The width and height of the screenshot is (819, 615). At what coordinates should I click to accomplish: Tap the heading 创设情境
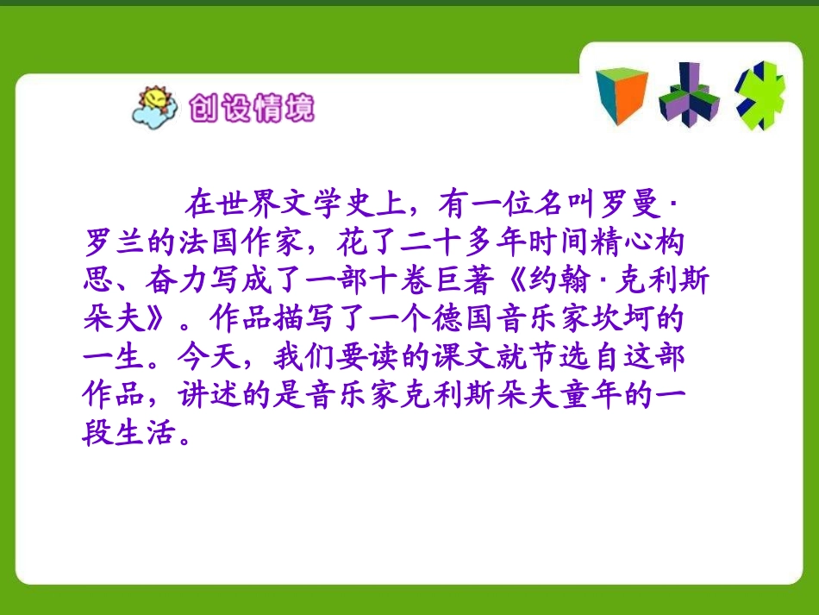(251, 109)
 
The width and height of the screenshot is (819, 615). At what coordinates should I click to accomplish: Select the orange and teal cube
(621, 96)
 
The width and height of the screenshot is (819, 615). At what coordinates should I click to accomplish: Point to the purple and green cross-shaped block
(688, 96)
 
